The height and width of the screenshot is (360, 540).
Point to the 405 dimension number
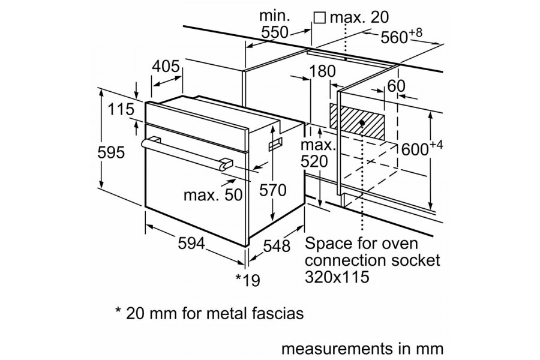tap(166, 67)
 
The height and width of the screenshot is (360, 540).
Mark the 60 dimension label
tap(396, 86)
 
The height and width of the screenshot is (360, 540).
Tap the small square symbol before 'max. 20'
tap(320, 18)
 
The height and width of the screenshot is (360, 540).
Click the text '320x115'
tap(337, 278)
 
